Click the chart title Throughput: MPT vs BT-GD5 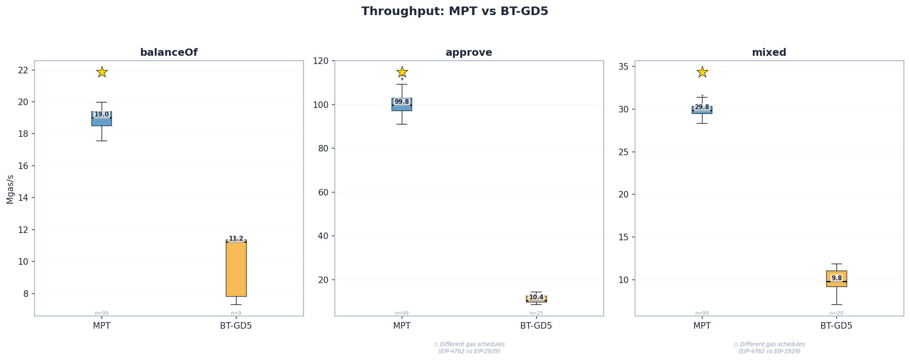(x=455, y=11)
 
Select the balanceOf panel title (x=169, y=53)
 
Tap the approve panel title (x=469, y=53)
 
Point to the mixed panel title (x=769, y=53)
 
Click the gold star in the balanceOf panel (x=102, y=72)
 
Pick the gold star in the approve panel (x=402, y=72)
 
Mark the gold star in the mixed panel (x=702, y=72)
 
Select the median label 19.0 (x=101, y=114)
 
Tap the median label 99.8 (x=402, y=102)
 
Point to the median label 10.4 (x=536, y=297)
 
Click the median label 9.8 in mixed (x=836, y=278)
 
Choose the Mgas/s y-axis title (x=10, y=189)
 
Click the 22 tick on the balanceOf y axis (x=23, y=70)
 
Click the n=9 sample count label (x=236, y=313)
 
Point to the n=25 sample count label (x=536, y=313)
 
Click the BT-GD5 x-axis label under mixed (x=836, y=326)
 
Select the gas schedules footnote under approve (x=469, y=347)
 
